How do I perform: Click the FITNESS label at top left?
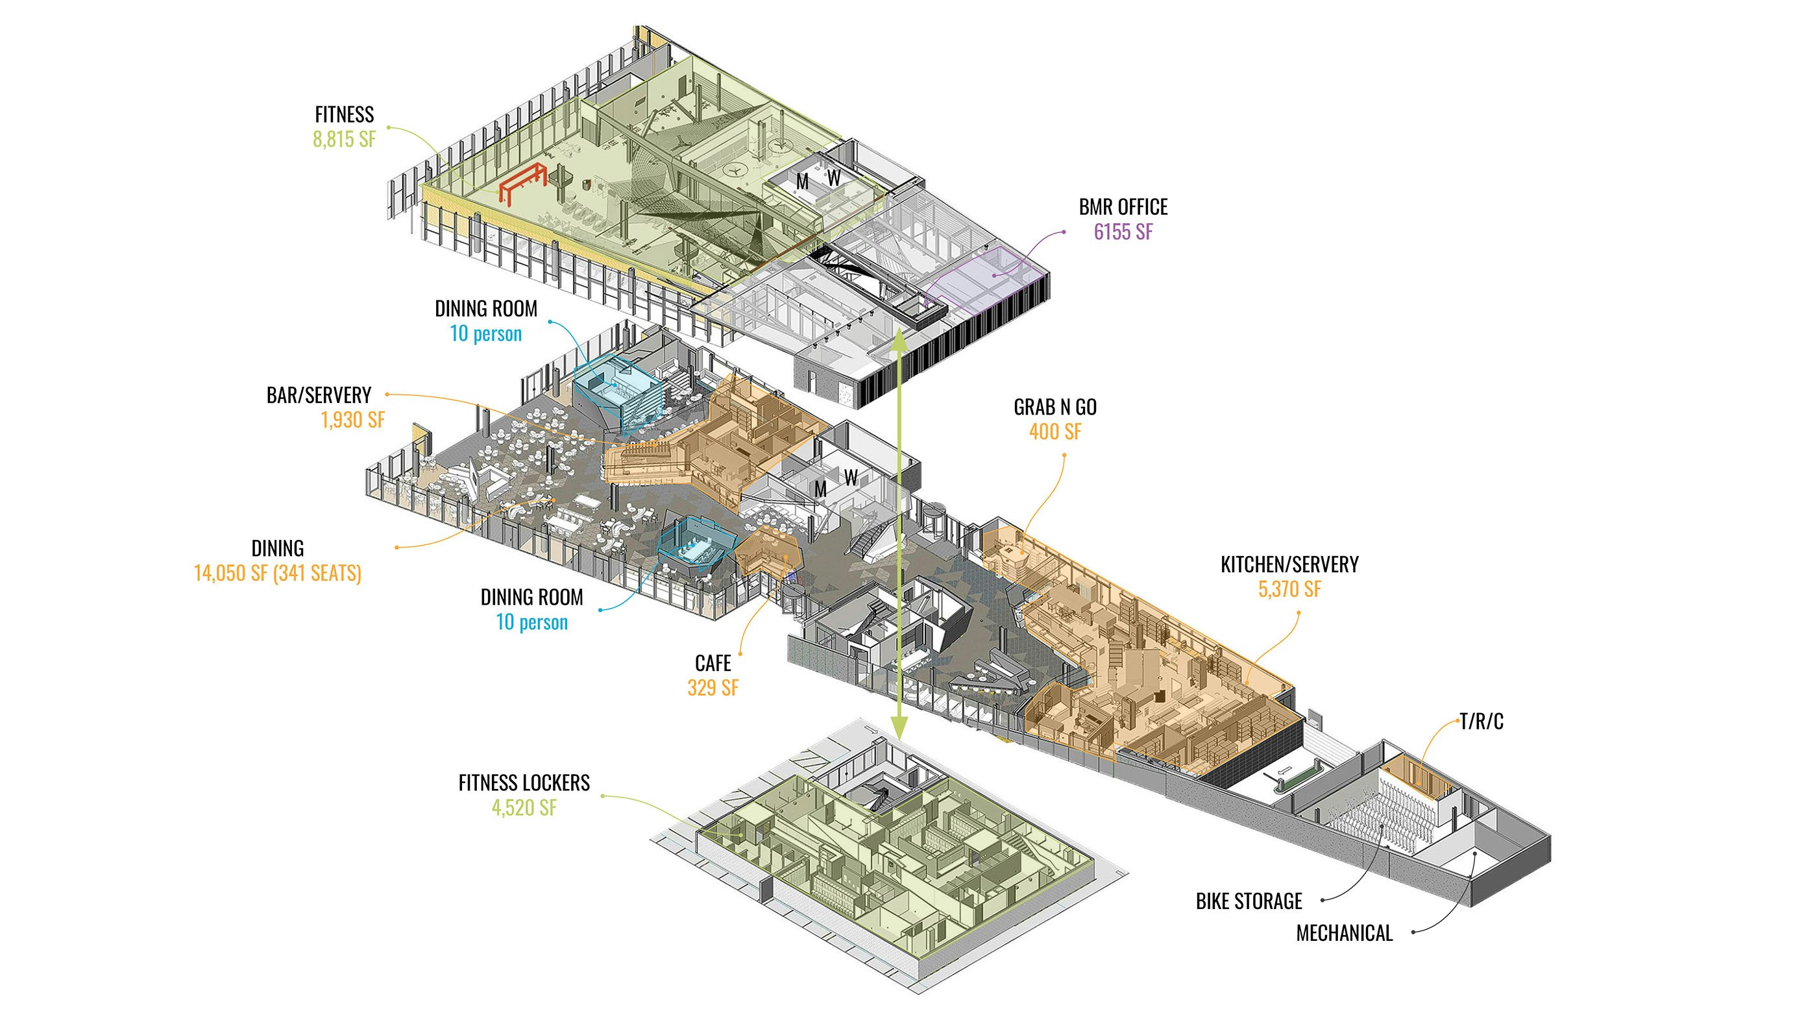344,114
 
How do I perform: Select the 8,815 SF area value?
344,139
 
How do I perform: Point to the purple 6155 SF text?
1123,232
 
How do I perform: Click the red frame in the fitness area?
522,184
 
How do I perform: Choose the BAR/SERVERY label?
319,395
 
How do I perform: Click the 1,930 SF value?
352,420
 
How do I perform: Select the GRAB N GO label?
1055,407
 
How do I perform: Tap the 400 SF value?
1055,432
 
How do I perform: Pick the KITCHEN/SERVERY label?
1289,565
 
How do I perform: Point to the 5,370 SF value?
1289,589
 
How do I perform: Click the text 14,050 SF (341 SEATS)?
277,573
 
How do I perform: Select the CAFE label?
713,663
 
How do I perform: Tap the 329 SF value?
713,688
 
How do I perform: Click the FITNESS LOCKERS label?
524,783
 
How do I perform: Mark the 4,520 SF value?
524,808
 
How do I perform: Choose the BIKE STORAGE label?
1249,901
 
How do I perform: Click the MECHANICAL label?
1345,933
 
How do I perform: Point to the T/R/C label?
1482,722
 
